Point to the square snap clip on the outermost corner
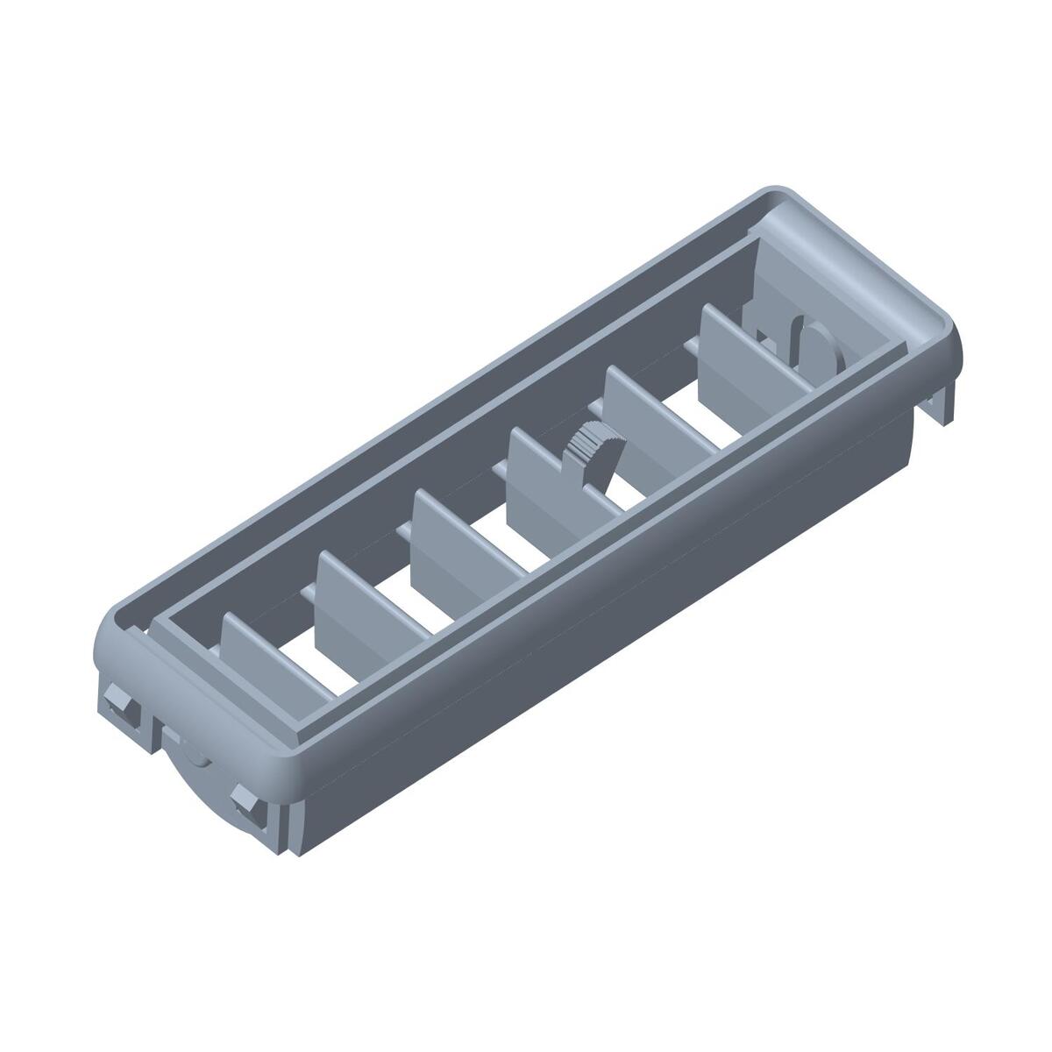pyautogui.click(x=117, y=707)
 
